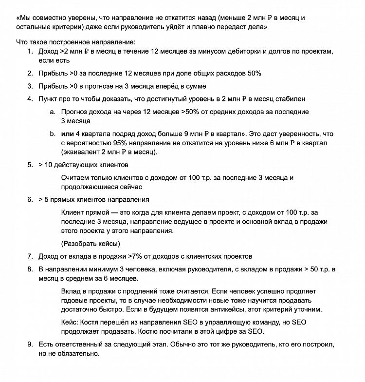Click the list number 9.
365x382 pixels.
pyautogui.click(x=30, y=344)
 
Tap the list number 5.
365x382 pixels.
pyautogui.click(x=30, y=165)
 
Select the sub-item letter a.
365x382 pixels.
pyautogui.click(x=52, y=112)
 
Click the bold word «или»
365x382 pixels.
pyautogui.click(x=68, y=134)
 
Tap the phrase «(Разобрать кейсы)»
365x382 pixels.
pyautogui.click(x=91, y=244)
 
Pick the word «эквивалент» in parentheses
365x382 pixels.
pyautogui.click(x=81, y=152)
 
